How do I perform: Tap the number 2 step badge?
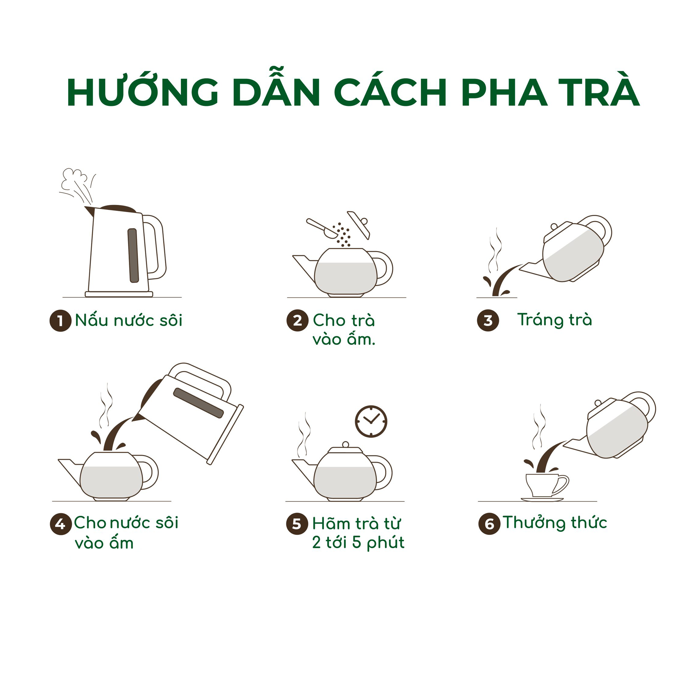coord(297,321)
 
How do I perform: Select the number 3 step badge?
coord(488,321)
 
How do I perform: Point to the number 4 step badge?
coord(61,524)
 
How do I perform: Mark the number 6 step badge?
coord(489,524)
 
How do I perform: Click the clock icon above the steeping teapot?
coord(371,421)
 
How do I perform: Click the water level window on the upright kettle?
coord(133,255)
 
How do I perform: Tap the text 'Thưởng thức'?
coord(555,523)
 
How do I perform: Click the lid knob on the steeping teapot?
coord(346,445)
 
